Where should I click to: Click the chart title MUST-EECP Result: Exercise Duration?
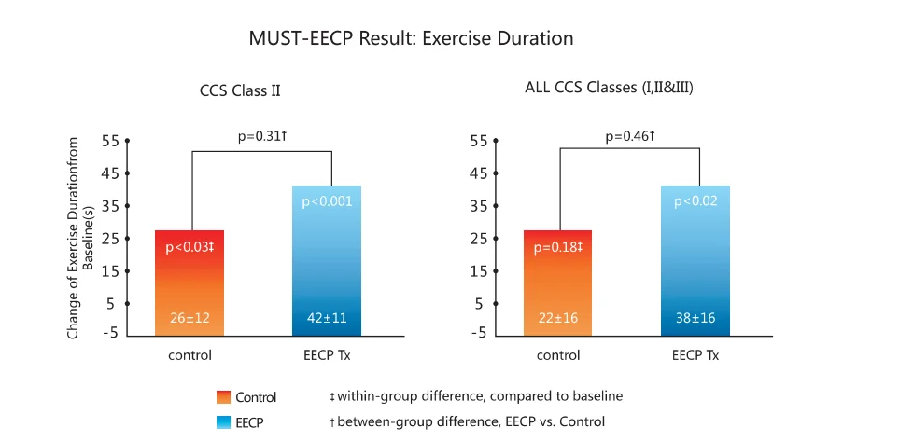click(x=411, y=39)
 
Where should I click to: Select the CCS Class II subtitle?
click(x=240, y=91)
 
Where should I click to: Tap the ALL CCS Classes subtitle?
click(x=609, y=89)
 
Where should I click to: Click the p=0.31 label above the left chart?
click(x=261, y=136)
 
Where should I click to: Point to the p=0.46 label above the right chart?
click(x=629, y=136)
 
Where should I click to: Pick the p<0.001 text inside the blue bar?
click(x=327, y=201)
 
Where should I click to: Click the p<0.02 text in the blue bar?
click(x=695, y=201)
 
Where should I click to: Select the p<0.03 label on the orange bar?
click(x=190, y=247)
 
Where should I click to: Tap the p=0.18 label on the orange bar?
click(x=557, y=247)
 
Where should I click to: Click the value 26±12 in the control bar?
click(x=190, y=318)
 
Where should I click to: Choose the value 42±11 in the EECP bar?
click(x=327, y=318)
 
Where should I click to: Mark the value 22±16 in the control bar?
click(x=557, y=318)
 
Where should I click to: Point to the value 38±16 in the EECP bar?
click(x=695, y=318)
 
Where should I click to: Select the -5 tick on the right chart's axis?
click(x=478, y=334)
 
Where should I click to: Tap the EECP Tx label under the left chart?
click(x=327, y=355)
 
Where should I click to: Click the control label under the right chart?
click(x=557, y=355)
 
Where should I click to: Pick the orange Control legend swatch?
click(x=222, y=397)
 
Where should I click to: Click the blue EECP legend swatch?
click(x=222, y=422)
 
